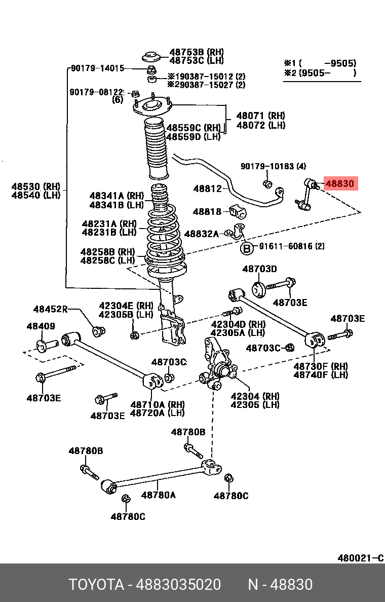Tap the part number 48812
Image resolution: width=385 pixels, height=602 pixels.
(207, 189)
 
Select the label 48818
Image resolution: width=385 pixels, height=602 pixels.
(207, 211)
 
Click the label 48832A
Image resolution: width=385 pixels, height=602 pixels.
(201, 234)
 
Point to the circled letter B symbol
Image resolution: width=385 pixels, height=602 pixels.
(246, 248)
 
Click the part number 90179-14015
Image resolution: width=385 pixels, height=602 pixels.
(97, 68)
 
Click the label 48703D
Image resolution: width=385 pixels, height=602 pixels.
(259, 269)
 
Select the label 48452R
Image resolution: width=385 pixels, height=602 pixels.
(50, 309)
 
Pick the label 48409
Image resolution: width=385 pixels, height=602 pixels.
(41, 326)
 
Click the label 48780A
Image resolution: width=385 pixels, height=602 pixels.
(158, 495)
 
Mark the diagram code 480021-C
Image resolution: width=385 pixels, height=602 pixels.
(360, 558)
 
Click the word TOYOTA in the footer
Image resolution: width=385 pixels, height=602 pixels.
(96, 585)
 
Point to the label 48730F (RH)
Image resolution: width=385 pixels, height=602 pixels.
(321, 366)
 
